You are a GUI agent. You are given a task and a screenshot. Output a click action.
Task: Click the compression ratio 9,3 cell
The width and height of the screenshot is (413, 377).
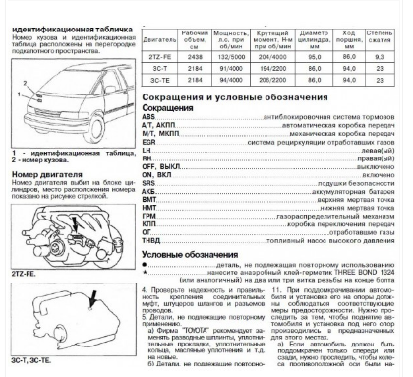coord(392,58)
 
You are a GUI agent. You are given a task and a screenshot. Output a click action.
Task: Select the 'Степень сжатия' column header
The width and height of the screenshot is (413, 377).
coord(392,39)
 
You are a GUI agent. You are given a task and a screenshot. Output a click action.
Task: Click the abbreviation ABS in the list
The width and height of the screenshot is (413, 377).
coord(150,117)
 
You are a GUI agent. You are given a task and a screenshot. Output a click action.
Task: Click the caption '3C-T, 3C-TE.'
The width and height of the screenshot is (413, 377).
coord(24,362)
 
